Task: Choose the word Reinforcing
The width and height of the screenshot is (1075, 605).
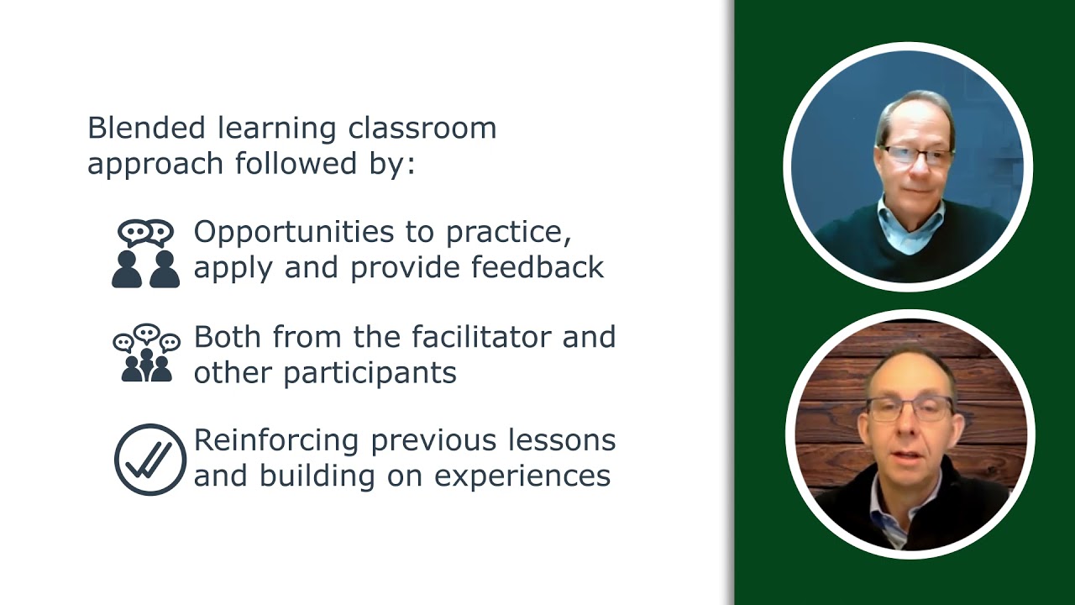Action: click(277, 440)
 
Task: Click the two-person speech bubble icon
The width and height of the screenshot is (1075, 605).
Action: click(146, 254)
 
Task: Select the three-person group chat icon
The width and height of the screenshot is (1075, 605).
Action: click(146, 354)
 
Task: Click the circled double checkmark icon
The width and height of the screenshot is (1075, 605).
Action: click(149, 459)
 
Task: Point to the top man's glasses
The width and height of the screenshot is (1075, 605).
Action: click(916, 155)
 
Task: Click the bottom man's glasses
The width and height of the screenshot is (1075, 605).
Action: click(909, 408)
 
